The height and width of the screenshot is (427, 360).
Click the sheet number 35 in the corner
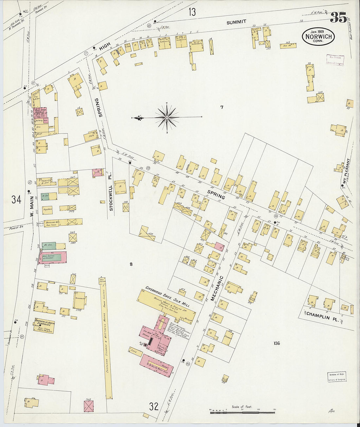[338, 18]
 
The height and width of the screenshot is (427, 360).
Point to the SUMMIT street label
[236, 22]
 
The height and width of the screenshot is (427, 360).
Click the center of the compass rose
[167, 117]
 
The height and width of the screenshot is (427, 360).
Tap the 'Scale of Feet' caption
[242, 407]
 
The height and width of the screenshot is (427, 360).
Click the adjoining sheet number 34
[16, 199]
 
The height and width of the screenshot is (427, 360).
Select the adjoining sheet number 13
[192, 12]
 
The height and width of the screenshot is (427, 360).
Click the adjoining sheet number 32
[154, 407]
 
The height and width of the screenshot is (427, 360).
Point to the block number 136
[277, 343]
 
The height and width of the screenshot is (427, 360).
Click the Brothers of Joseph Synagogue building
[44, 325]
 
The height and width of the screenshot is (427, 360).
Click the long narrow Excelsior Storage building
[105, 337]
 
